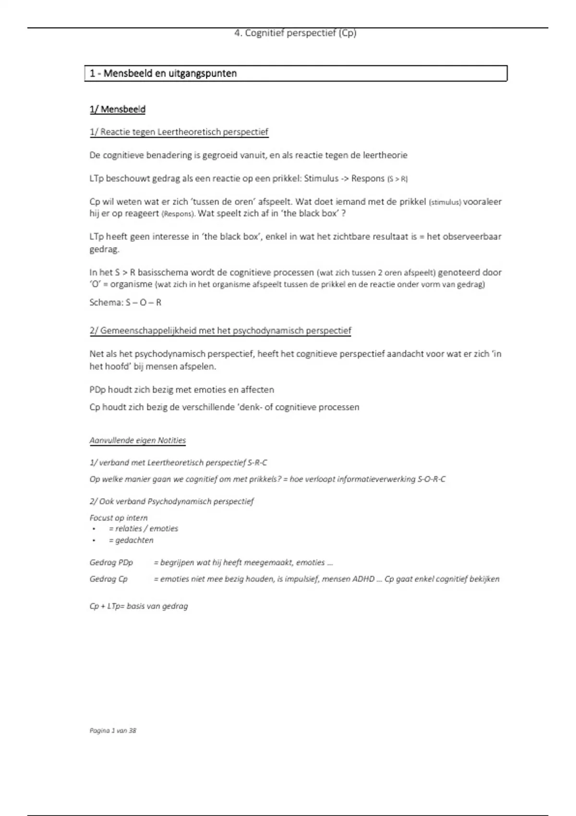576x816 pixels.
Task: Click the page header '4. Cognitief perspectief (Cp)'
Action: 295,33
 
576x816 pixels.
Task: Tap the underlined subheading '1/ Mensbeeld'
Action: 117,109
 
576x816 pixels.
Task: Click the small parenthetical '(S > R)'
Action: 397,179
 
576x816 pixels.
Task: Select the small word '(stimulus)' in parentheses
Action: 444,203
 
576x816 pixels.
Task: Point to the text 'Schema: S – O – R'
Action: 125,302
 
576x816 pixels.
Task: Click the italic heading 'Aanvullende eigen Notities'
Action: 137,440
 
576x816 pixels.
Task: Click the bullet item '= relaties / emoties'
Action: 143,528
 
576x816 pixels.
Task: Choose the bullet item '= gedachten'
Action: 131,540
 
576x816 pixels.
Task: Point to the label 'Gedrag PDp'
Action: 111,562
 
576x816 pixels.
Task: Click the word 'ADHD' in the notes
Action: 363,579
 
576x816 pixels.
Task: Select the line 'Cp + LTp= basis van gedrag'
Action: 138,606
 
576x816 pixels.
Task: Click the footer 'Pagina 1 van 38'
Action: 113,731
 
